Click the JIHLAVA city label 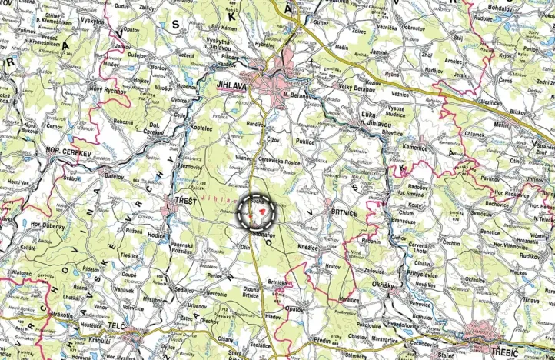point(233,87)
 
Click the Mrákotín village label point(46,314)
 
